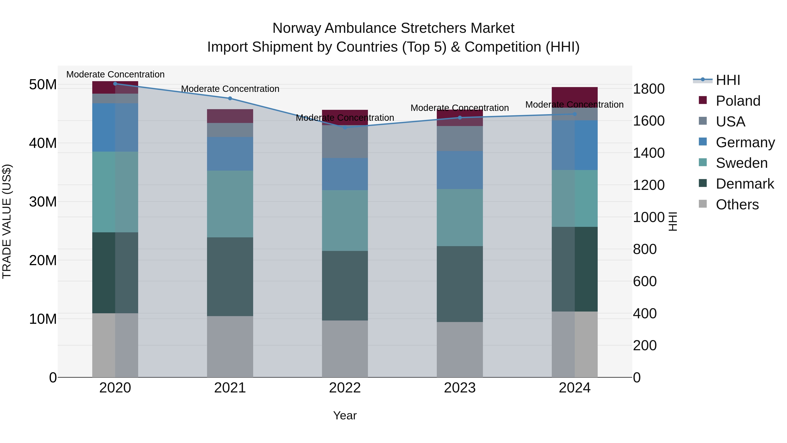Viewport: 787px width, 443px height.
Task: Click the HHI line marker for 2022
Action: (345, 128)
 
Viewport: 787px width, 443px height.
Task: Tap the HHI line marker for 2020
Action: (115, 84)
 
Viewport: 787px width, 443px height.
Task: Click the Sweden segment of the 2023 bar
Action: (460, 217)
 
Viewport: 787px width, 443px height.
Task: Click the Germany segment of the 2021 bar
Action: (230, 154)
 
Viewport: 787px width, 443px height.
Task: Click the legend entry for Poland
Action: (738, 101)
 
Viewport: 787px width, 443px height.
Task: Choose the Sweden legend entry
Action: (742, 163)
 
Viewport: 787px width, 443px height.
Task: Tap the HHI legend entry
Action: (728, 80)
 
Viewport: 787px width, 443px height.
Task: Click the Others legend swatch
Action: (703, 204)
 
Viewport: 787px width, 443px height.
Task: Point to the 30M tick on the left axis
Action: (43, 202)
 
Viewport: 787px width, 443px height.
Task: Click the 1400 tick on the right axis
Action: (649, 153)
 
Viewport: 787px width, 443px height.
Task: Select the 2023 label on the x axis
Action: (460, 388)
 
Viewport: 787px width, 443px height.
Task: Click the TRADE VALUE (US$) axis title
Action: (7, 221)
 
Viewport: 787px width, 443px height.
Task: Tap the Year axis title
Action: (345, 415)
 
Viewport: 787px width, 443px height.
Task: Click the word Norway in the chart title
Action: (296, 28)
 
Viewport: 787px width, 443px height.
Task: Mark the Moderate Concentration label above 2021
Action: (230, 89)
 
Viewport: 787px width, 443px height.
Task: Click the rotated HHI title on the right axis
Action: (673, 221)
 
